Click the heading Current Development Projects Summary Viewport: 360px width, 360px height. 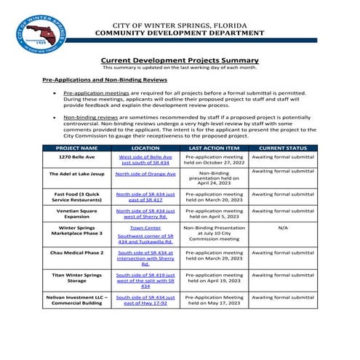(179, 60)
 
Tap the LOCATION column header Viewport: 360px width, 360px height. (145, 148)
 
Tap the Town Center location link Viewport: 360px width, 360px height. (145, 228)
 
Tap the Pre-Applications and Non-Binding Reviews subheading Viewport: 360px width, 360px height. (105, 79)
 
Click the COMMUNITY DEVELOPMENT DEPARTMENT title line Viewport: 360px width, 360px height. (179, 33)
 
